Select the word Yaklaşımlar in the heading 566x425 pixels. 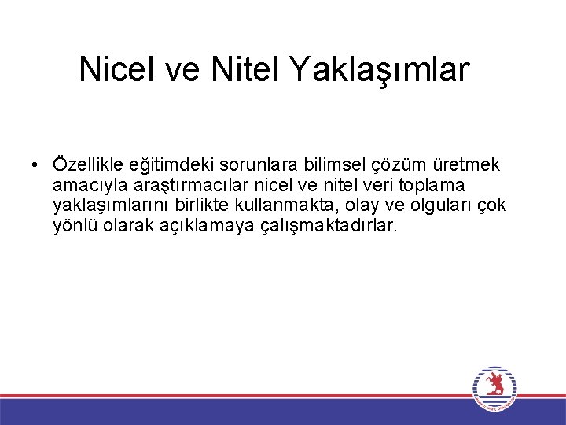click(x=380, y=70)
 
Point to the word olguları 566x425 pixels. click(x=437, y=206)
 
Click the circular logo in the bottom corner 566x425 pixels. click(x=494, y=389)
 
